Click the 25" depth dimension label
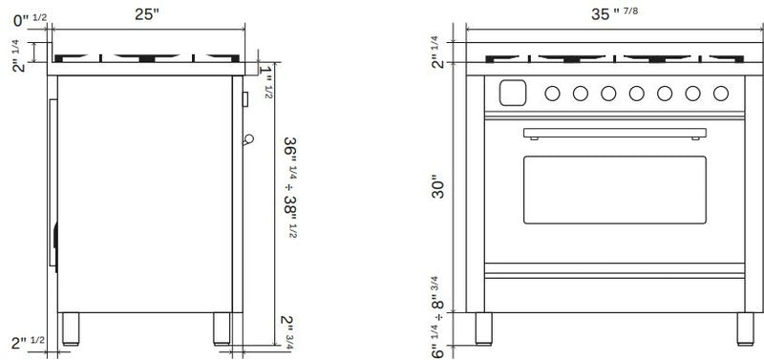(147, 14)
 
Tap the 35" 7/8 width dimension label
(614, 13)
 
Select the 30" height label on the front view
(438, 189)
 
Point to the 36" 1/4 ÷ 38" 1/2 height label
(291, 187)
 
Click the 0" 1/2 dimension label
(31, 19)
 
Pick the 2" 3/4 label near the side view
(287, 332)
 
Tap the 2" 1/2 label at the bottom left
(29, 343)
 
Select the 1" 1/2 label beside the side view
(266, 81)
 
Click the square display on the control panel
(513, 93)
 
